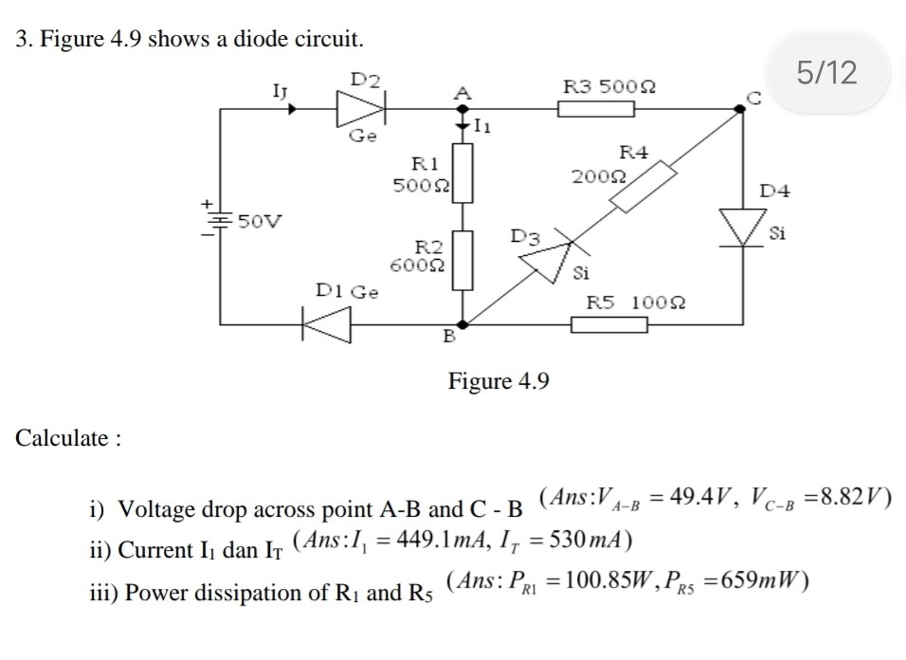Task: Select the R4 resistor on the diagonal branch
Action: click(643, 187)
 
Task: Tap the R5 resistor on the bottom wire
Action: click(609, 325)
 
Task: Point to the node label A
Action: click(462, 92)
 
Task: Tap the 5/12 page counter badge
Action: click(826, 72)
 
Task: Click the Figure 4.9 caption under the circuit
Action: click(498, 381)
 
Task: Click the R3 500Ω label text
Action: click(609, 87)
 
